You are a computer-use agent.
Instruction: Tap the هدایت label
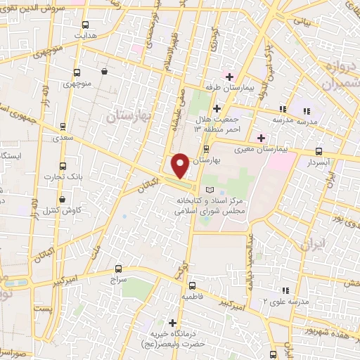click(x=85, y=34)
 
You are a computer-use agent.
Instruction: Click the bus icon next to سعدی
click(x=63, y=127)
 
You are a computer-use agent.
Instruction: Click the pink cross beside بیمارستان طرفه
click(x=229, y=76)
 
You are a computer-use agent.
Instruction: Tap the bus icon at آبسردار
click(x=319, y=151)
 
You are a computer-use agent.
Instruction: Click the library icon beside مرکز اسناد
click(x=208, y=190)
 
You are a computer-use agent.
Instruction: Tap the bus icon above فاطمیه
click(x=192, y=285)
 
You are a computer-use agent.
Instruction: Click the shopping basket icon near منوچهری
click(x=104, y=71)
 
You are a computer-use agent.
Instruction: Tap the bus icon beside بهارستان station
click(x=205, y=149)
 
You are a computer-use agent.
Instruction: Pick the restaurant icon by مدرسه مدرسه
click(x=283, y=109)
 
